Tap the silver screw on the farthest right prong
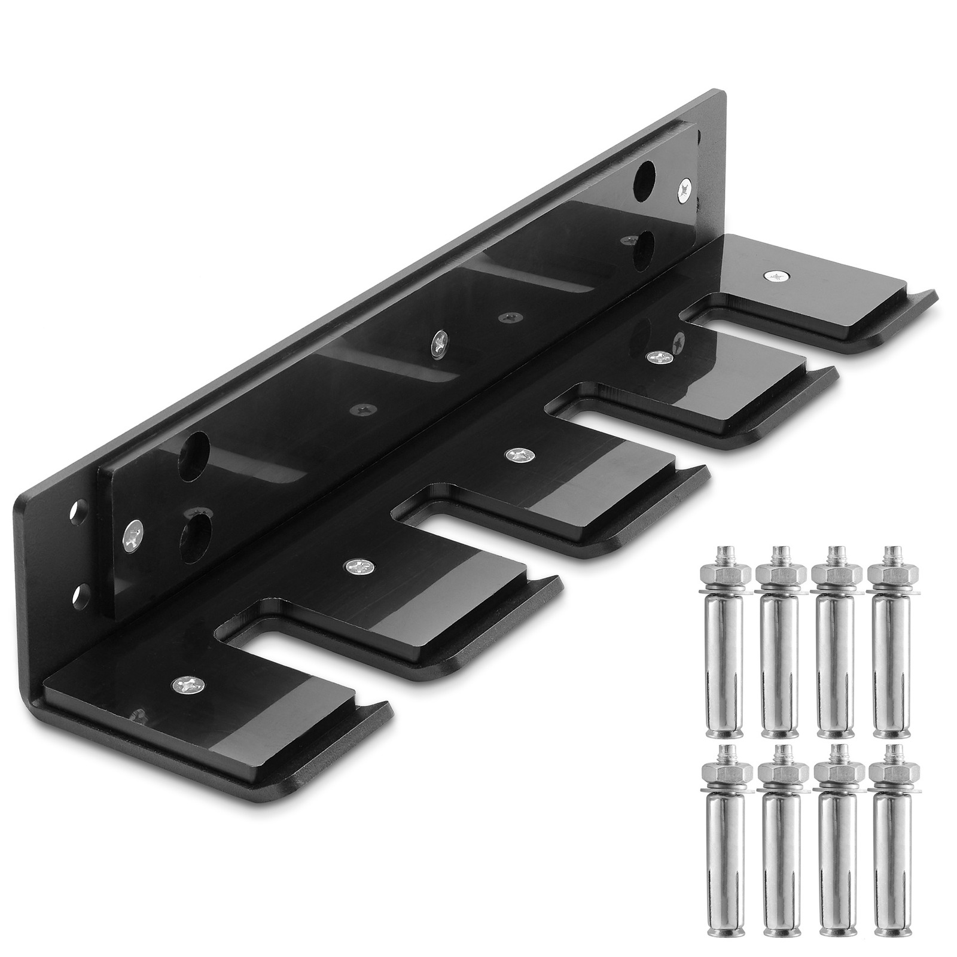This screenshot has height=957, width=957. pyautogui.click(x=776, y=275)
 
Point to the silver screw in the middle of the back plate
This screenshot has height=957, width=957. pyautogui.click(x=440, y=343)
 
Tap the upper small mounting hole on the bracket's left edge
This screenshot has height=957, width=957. pyautogui.click(x=76, y=510)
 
